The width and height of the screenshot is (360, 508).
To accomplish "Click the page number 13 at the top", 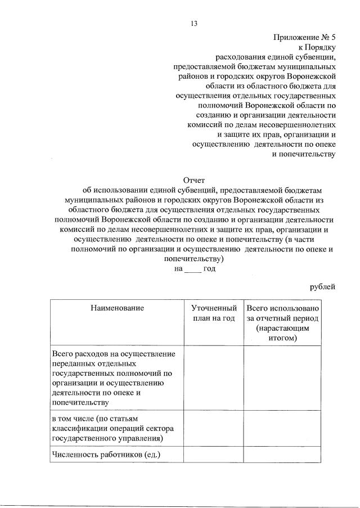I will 194,23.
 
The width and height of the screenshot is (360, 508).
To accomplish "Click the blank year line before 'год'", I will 192,269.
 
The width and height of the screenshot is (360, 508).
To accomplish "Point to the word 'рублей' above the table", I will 322,287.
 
